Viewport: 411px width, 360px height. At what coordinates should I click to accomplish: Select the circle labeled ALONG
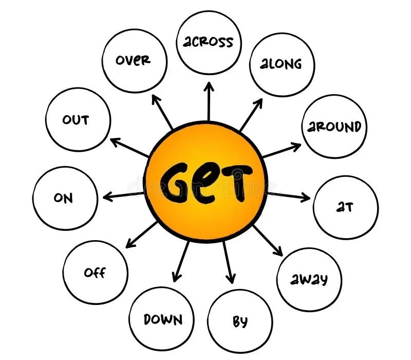click(282, 64)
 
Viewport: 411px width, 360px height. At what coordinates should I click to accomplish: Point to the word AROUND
click(334, 126)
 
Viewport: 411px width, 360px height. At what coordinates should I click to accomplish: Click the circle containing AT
click(346, 207)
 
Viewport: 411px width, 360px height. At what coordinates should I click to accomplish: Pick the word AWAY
click(309, 279)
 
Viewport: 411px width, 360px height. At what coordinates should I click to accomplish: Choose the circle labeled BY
click(240, 321)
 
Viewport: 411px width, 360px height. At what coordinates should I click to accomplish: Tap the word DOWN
click(162, 319)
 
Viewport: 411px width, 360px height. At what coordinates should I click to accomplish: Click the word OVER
click(133, 60)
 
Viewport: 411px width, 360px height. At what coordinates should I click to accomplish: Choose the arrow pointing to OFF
click(141, 234)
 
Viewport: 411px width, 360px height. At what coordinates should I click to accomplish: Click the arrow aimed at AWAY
click(268, 240)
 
